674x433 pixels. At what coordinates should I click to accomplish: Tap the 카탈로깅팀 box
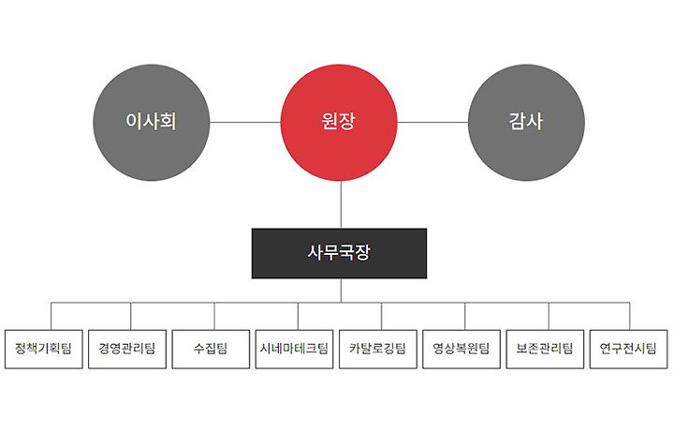(x=379, y=349)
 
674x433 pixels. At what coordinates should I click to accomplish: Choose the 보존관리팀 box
(x=547, y=349)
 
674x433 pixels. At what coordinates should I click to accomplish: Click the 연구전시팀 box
(x=630, y=349)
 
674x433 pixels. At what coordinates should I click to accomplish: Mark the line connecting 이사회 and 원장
(x=245, y=122)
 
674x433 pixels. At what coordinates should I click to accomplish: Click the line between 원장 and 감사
(x=432, y=122)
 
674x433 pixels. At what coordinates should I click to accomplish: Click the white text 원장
(x=339, y=122)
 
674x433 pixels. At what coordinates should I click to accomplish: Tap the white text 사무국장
(x=339, y=253)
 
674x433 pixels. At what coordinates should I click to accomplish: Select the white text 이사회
(x=152, y=122)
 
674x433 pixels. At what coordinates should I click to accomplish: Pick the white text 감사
(x=526, y=122)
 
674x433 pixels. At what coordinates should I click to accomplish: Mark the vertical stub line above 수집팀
(x=214, y=316)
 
